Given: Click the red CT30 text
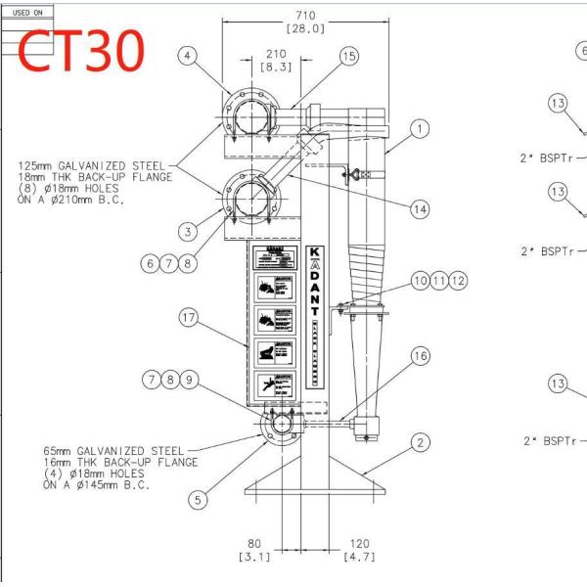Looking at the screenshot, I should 82,51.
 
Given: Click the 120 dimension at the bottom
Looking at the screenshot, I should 358,545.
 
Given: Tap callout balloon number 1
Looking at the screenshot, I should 421,128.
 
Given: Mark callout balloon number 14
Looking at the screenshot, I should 420,208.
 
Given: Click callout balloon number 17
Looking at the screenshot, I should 189,317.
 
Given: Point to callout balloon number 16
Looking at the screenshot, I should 420,357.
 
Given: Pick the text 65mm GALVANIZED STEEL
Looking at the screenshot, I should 104,453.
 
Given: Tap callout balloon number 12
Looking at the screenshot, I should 457,281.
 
